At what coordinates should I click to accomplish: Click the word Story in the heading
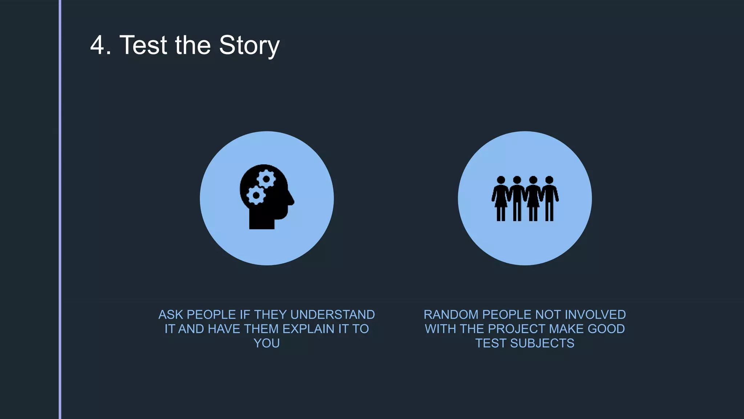click(x=249, y=45)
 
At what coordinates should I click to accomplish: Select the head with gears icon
click(x=266, y=197)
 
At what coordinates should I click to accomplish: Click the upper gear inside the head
click(x=266, y=179)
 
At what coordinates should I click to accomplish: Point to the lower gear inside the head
click(x=256, y=196)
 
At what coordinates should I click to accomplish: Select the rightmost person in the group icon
click(x=549, y=199)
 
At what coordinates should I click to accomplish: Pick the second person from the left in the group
click(x=517, y=199)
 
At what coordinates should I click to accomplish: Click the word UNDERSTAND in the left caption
click(x=332, y=315)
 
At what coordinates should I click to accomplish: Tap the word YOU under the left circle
click(x=267, y=343)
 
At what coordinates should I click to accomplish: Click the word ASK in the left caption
click(x=171, y=315)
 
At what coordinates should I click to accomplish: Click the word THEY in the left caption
click(x=270, y=315)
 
